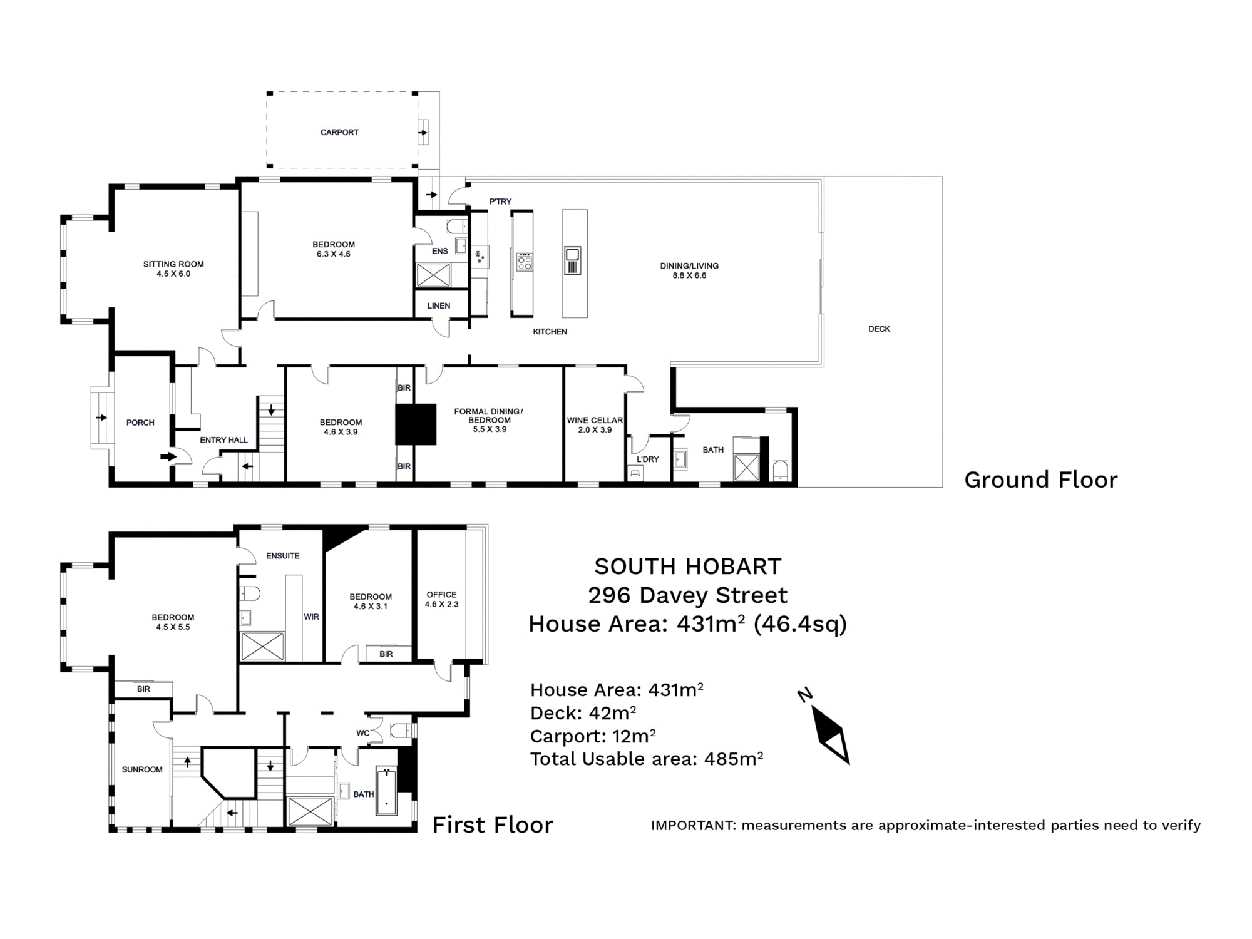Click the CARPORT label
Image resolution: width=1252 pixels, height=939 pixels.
pyautogui.click(x=339, y=132)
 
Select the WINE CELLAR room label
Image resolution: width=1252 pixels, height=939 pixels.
pyautogui.click(x=594, y=421)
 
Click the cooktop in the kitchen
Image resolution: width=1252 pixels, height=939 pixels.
pyautogui.click(x=525, y=262)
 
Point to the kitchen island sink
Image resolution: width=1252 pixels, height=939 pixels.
pyautogui.click(x=572, y=254)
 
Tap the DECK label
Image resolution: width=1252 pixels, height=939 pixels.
pyautogui.click(x=879, y=329)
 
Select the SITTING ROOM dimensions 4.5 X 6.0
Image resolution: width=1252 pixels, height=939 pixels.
pyautogui.click(x=173, y=274)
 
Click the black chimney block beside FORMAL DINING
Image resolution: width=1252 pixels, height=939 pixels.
pyautogui.click(x=416, y=424)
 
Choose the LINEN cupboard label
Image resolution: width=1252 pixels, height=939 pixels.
pyautogui.click(x=438, y=305)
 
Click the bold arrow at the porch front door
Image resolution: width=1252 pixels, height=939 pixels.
pyautogui.click(x=168, y=457)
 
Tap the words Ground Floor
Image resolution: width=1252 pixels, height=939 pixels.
pyautogui.click(x=1040, y=480)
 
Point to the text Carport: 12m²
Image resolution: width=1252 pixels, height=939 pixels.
pyautogui.click(x=592, y=736)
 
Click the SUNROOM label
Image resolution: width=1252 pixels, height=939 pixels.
pyautogui.click(x=142, y=769)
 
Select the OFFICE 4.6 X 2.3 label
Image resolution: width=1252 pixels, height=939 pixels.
pyautogui.click(x=441, y=599)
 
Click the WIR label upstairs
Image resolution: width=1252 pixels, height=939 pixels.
pyautogui.click(x=311, y=617)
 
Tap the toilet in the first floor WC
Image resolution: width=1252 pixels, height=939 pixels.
pyautogui.click(x=400, y=730)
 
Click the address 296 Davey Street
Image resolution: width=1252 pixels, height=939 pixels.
pyautogui.click(x=687, y=595)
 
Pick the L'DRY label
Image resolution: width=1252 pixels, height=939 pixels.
pyautogui.click(x=647, y=459)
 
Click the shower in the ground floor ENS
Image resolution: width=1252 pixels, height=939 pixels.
pyautogui.click(x=434, y=275)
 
